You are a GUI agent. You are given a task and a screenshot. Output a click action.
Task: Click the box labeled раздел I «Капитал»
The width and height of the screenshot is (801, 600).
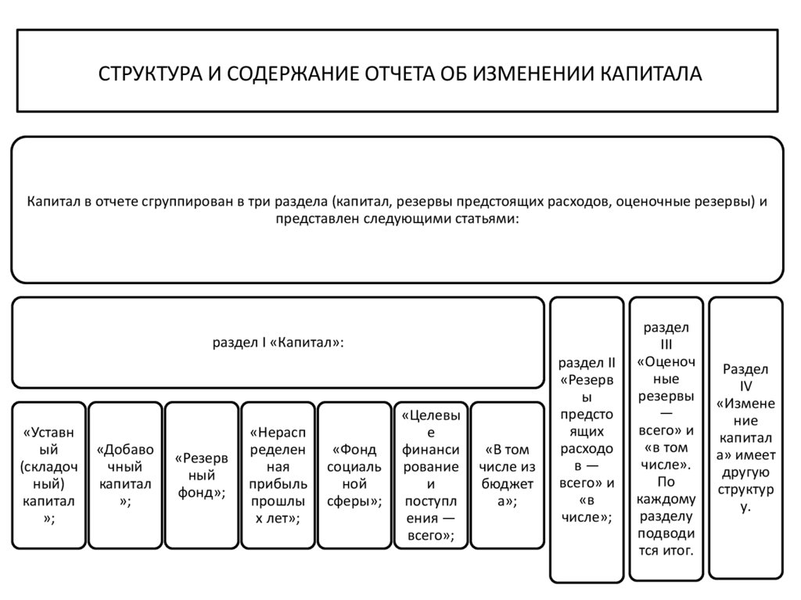pyautogui.click(x=278, y=343)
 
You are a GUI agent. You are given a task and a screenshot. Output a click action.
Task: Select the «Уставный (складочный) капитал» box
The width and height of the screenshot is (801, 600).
pyautogui.click(x=48, y=474)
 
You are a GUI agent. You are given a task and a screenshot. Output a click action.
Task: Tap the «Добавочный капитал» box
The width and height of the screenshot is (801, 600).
pyautogui.click(x=125, y=474)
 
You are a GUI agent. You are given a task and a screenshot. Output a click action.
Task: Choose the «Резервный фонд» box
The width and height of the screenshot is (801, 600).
pyautogui.click(x=201, y=474)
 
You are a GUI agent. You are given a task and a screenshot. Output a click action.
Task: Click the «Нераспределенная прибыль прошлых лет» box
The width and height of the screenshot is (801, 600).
pyautogui.click(x=278, y=474)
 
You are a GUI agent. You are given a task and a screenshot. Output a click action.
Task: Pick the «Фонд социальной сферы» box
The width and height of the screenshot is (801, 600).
pyautogui.click(x=354, y=474)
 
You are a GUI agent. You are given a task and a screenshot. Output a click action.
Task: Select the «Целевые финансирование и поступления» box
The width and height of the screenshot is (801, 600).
pyautogui.click(x=431, y=474)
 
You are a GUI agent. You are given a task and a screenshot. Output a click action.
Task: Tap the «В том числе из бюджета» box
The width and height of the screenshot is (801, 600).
pyautogui.click(x=508, y=474)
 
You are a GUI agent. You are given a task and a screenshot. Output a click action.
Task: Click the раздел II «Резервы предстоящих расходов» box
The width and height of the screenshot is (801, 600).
pyautogui.click(x=588, y=440)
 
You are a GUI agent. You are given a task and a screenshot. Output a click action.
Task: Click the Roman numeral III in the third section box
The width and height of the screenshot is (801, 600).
pyautogui.click(x=666, y=344)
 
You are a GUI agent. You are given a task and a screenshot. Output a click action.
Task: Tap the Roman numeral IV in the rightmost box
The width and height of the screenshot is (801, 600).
pyautogui.click(x=745, y=386)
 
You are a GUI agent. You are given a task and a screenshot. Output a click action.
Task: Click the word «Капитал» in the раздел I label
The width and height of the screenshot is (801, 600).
pyautogui.click(x=310, y=343)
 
